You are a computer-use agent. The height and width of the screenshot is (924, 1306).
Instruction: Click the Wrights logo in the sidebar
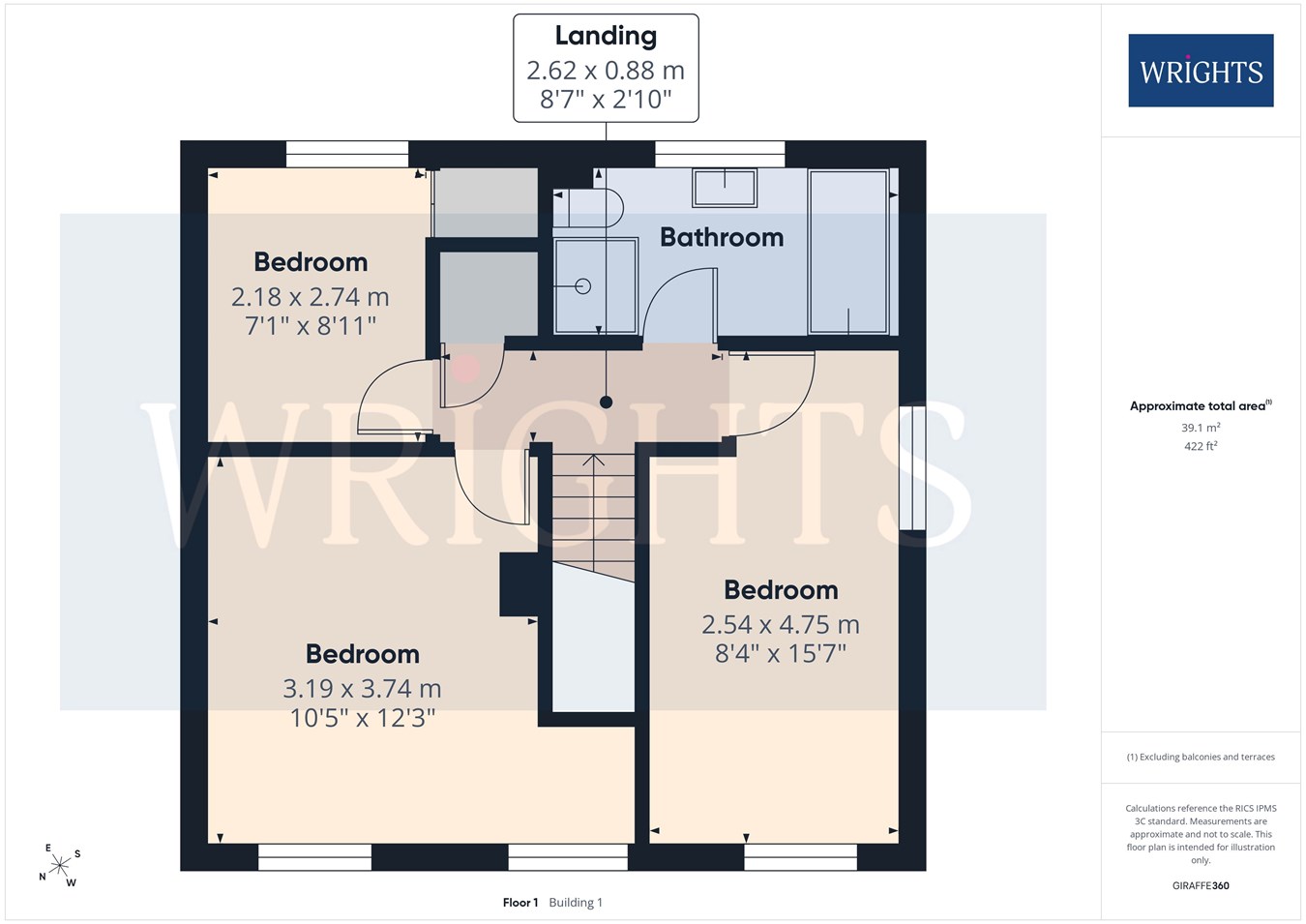[1201, 71]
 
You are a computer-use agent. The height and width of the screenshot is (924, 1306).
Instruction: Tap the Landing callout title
[606, 36]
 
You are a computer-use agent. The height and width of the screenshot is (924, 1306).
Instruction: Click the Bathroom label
[722, 237]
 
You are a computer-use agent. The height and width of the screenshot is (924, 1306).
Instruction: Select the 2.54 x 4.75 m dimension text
[781, 625]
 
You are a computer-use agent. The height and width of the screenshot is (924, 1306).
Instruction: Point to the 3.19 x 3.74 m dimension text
[362, 689]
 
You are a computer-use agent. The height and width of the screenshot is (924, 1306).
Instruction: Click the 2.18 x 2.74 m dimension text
[311, 297]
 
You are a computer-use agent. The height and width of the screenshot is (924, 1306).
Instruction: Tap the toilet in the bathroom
[588, 207]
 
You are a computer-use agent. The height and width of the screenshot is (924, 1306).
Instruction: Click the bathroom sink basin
[725, 188]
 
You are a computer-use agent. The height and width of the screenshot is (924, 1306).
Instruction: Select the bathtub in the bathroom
[848, 253]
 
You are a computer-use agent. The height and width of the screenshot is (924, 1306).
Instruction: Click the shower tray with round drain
[595, 285]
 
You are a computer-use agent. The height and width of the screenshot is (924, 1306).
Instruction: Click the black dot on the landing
[606, 402]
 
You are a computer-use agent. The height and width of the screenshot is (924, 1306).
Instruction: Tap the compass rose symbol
[59, 865]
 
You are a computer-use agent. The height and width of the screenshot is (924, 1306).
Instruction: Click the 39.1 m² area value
[1201, 428]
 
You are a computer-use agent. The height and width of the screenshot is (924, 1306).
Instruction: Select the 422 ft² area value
[1201, 446]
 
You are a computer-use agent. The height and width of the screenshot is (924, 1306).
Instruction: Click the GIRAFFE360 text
[1201, 885]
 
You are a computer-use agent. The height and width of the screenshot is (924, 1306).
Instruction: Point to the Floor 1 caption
[520, 903]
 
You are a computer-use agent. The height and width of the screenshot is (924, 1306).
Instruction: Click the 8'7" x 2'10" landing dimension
[606, 99]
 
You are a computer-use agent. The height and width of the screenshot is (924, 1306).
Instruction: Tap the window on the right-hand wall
[912, 467]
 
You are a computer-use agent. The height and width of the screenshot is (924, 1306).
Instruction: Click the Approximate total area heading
[1201, 405]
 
